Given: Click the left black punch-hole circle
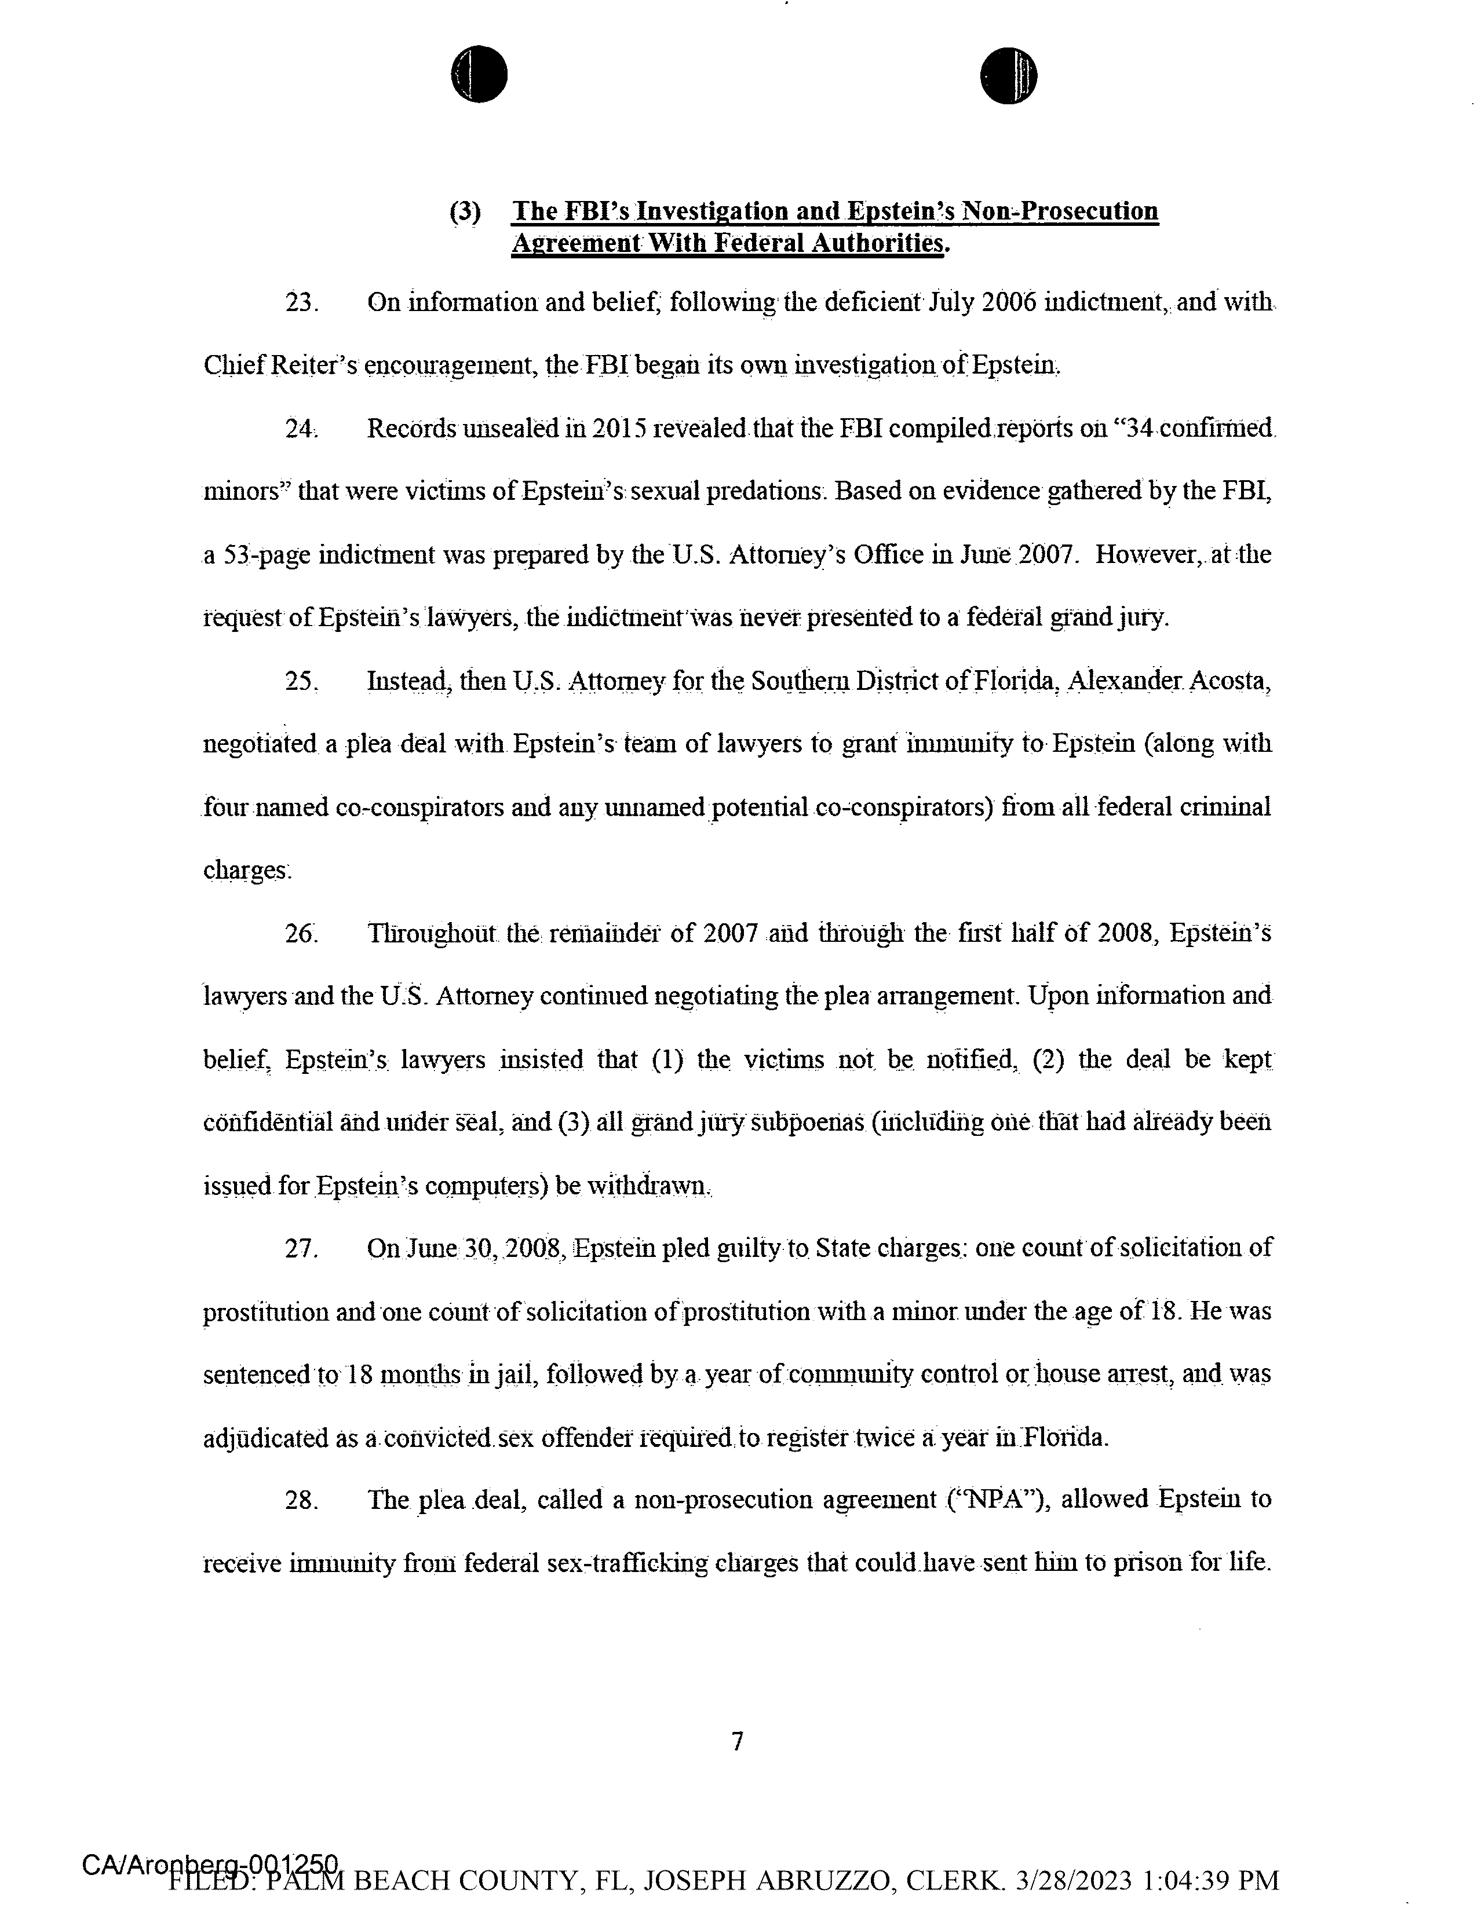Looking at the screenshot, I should click(479, 74).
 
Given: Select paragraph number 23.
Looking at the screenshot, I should click(301, 303).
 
